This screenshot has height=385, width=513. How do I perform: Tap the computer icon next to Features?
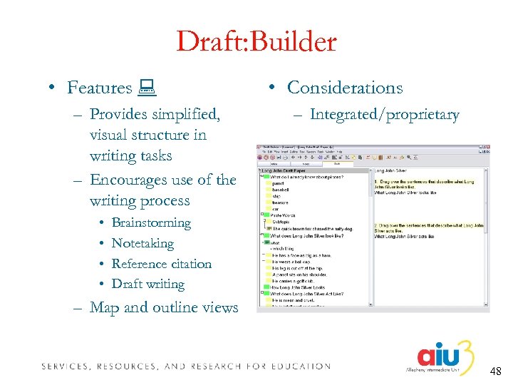point(149,88)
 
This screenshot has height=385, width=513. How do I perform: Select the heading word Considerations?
point(345,88)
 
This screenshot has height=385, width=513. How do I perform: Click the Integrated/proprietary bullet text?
point(384,115)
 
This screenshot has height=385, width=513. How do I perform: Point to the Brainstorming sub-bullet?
point(151,223)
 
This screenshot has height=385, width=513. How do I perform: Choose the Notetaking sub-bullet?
point(142,244)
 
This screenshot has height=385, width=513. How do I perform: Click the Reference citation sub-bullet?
point(162,264)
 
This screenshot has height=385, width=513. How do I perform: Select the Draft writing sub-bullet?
point(148,284)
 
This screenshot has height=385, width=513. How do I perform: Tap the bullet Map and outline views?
point(164,308)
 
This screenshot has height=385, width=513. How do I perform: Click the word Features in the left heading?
point(100,88)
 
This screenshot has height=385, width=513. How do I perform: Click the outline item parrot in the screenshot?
point(279,183)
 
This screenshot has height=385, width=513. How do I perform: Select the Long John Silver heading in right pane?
point(393,170)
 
